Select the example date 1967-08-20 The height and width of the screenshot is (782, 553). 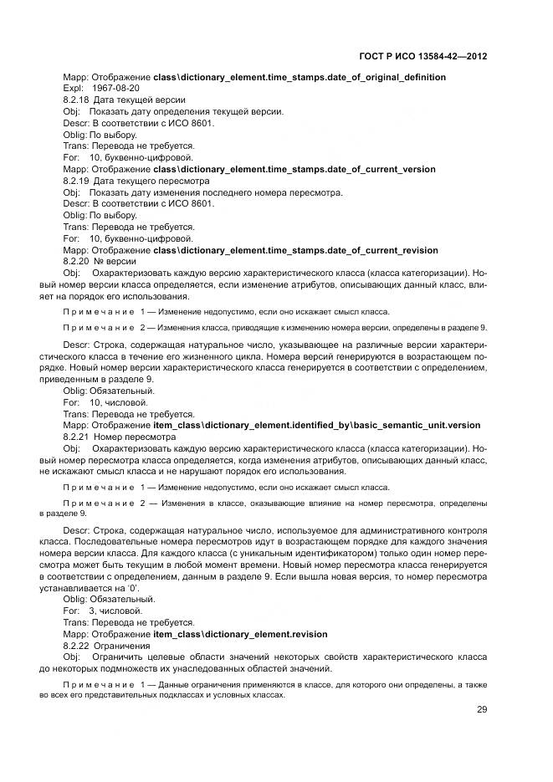[116, 88]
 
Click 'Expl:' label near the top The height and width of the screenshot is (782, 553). [74, 88]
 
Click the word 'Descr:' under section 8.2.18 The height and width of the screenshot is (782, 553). [75, 123]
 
